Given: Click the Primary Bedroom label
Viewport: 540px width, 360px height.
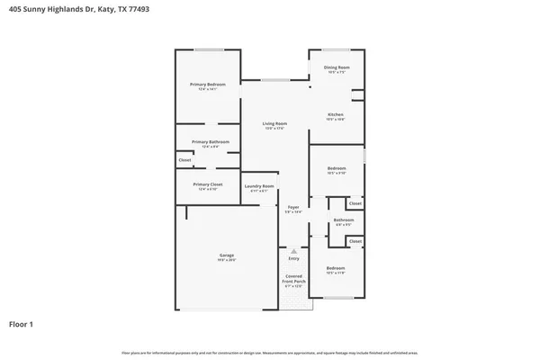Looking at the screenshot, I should point(207,85).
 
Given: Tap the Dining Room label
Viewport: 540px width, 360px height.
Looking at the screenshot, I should point(337,67).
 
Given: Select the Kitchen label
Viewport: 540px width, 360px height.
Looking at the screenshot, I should point(336,114).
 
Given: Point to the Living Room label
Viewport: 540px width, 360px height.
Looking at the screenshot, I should point(274,123).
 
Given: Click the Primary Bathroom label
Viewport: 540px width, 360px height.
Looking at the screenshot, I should point(211,142).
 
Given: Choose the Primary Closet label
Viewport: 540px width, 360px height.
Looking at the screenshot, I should point(207,184).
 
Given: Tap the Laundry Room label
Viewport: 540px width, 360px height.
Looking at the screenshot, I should point(258,186).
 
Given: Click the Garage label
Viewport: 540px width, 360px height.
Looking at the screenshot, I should point(226,256).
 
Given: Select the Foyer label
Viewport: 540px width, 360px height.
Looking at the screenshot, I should point(293,207).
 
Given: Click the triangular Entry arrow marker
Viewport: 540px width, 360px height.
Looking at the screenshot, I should point(292,251).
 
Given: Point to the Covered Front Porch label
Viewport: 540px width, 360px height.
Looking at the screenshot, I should point(294,278).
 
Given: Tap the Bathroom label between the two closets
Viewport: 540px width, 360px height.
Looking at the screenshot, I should point(344,220).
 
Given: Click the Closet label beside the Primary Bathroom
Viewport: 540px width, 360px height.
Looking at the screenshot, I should point(184,160).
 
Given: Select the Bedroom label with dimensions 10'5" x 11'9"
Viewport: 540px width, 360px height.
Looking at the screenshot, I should point(336,269).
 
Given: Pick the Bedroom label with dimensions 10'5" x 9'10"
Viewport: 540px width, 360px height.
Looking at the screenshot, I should point(337,169).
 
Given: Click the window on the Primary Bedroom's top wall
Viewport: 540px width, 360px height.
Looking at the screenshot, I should point(210,49).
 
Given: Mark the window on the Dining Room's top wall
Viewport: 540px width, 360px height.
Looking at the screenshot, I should point(337,49).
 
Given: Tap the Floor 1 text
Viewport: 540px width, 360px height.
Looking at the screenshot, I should point(22,323).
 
